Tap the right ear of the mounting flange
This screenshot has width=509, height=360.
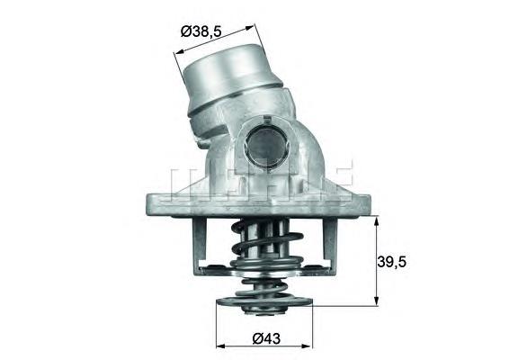(x=360, y=199)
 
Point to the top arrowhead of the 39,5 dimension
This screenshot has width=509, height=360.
(x=377, y=219)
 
